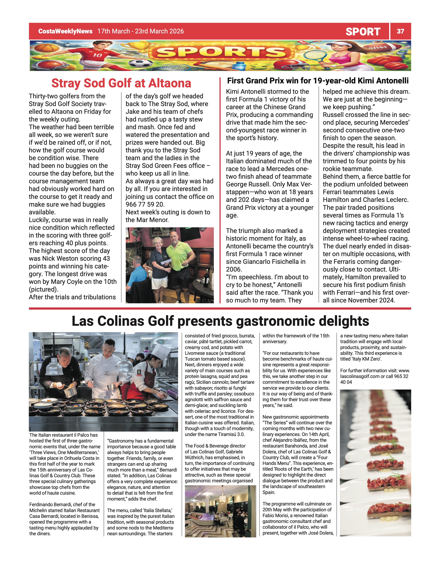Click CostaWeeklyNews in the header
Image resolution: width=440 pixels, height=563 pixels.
pos(65,31)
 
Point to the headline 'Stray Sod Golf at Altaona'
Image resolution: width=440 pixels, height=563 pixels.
pos(121,83)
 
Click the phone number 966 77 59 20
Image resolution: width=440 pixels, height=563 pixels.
pos(145,204)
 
